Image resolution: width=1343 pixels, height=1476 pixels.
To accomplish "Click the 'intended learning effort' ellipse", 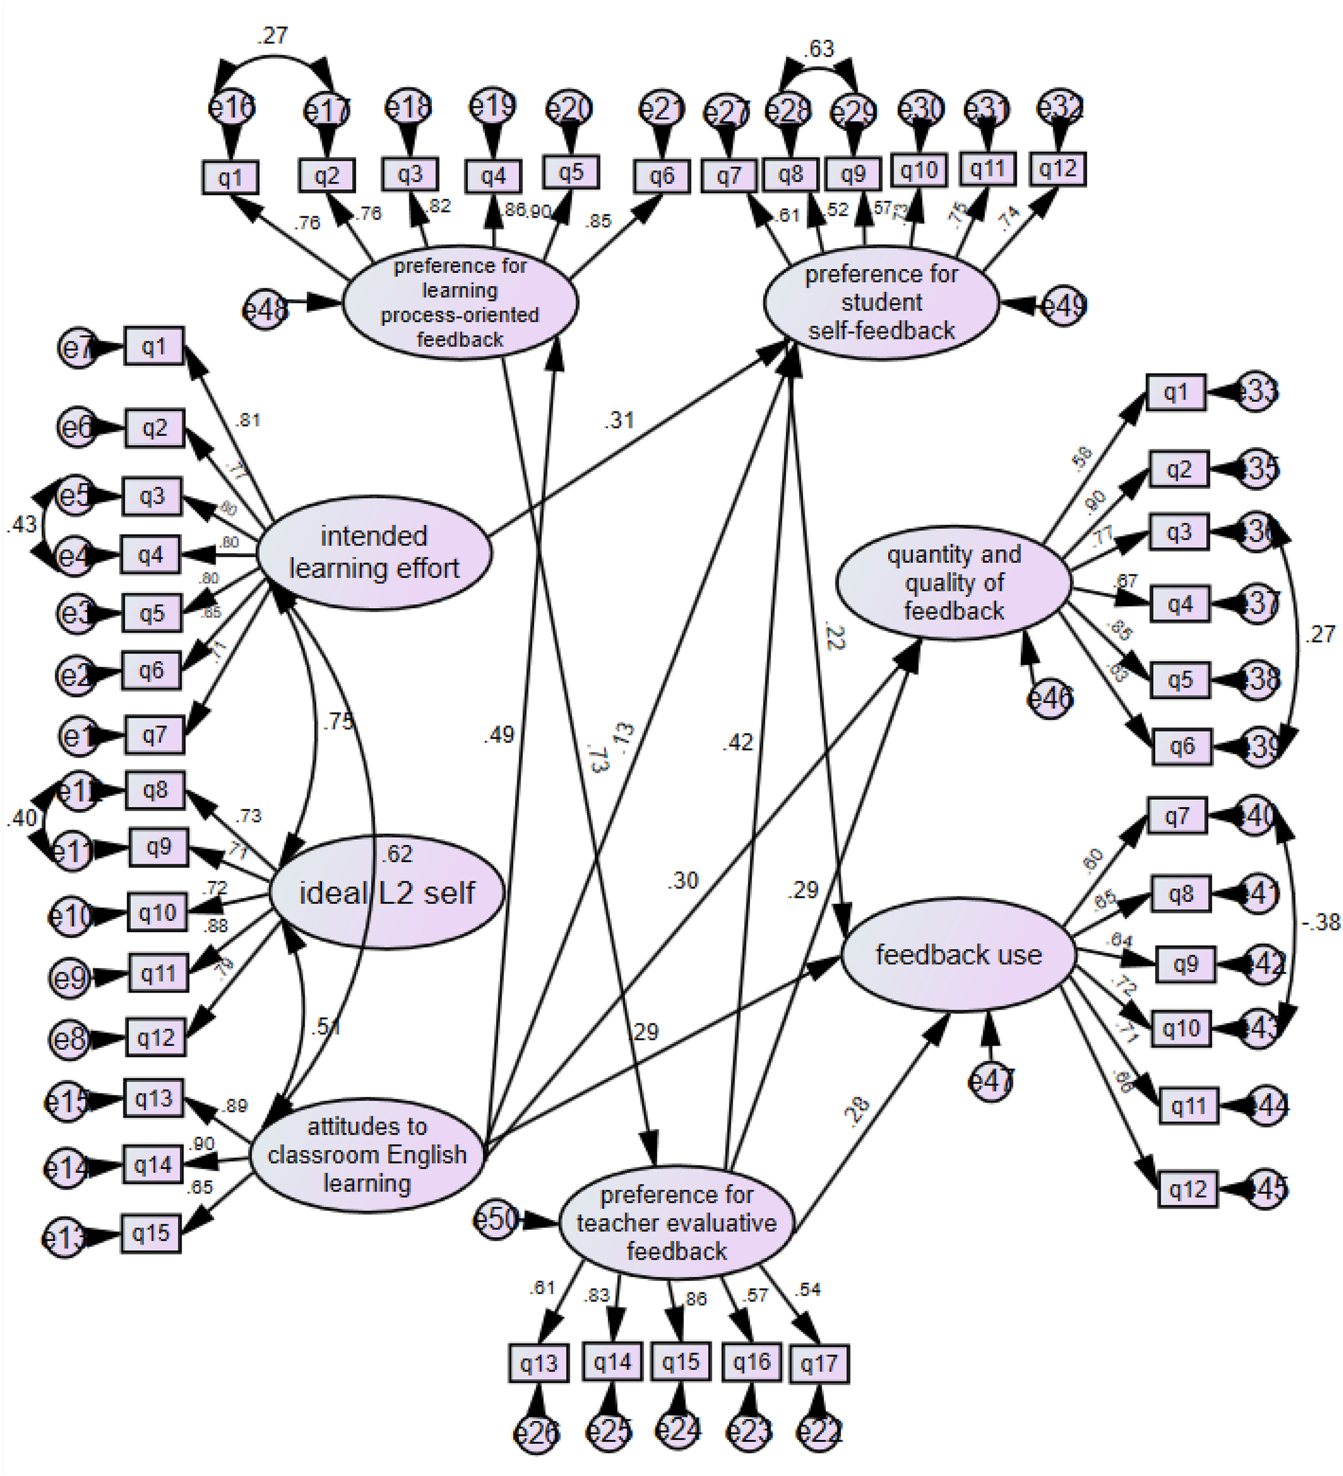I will click(374, 552).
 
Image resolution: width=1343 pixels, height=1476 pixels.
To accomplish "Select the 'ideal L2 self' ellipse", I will click(387, 893).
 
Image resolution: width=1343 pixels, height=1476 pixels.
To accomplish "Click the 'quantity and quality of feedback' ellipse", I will click(954, 583).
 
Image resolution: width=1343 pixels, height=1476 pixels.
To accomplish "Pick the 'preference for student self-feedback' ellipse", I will click(881, 302).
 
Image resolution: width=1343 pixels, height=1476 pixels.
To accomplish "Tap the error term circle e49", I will click(1063, 305).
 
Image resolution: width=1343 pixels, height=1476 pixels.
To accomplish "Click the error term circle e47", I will click(991, 1082).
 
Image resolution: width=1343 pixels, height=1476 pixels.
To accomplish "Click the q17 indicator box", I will click(819, 1364).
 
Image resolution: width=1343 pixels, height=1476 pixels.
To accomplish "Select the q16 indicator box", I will click(752, 1363).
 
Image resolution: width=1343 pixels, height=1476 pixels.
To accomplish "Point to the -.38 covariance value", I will click(1321, 922).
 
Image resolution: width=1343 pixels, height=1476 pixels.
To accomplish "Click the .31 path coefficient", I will click(618, 420).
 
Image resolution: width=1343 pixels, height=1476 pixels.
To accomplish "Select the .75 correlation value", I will click(338, 721).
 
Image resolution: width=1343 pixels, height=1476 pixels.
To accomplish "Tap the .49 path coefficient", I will click(499, 734).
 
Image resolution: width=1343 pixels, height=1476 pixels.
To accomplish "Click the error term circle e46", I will click(1050, 698).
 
